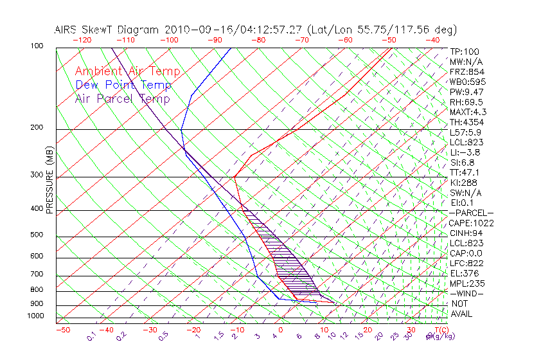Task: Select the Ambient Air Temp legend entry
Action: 127,71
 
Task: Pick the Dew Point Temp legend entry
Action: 123,85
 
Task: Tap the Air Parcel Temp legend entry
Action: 122,98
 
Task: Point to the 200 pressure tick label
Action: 36,127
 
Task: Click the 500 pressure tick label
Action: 36,235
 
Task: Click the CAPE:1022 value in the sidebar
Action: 471,223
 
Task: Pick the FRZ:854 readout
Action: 466,72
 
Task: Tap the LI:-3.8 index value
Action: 465,152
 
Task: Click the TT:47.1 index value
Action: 465,172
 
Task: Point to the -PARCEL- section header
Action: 472,213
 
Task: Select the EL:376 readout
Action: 464,273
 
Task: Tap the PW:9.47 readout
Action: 466,92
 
